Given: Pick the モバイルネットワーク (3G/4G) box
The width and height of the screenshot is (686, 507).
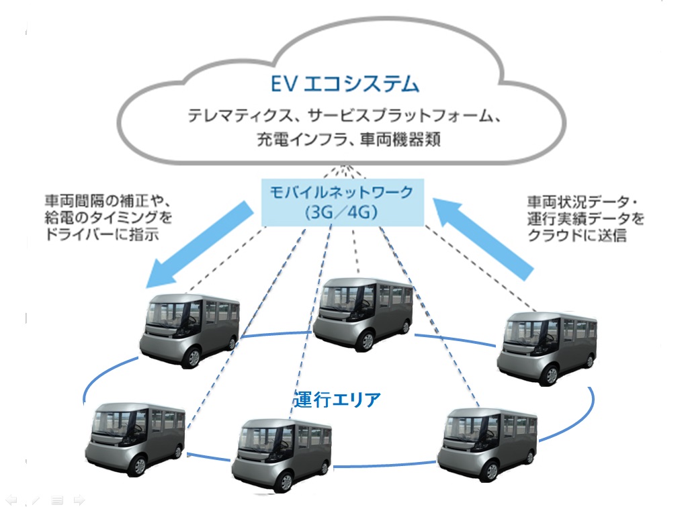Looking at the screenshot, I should (x=341, y=201).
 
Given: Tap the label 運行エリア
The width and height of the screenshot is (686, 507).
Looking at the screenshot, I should (x=337, y=400).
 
